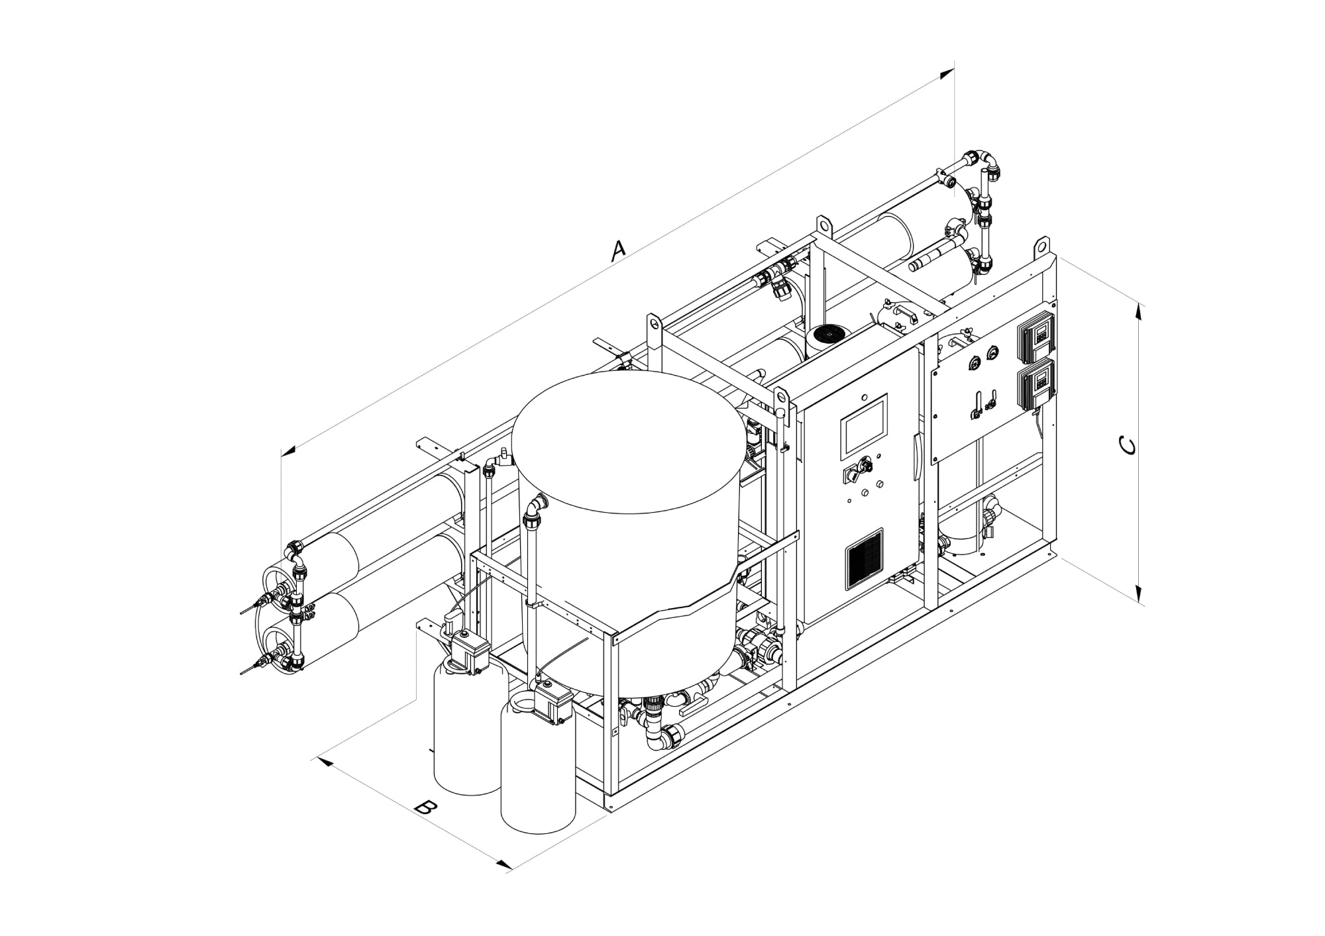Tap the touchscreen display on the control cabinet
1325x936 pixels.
[x=864, y=425]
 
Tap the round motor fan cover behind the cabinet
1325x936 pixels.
[x=827, y=335]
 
